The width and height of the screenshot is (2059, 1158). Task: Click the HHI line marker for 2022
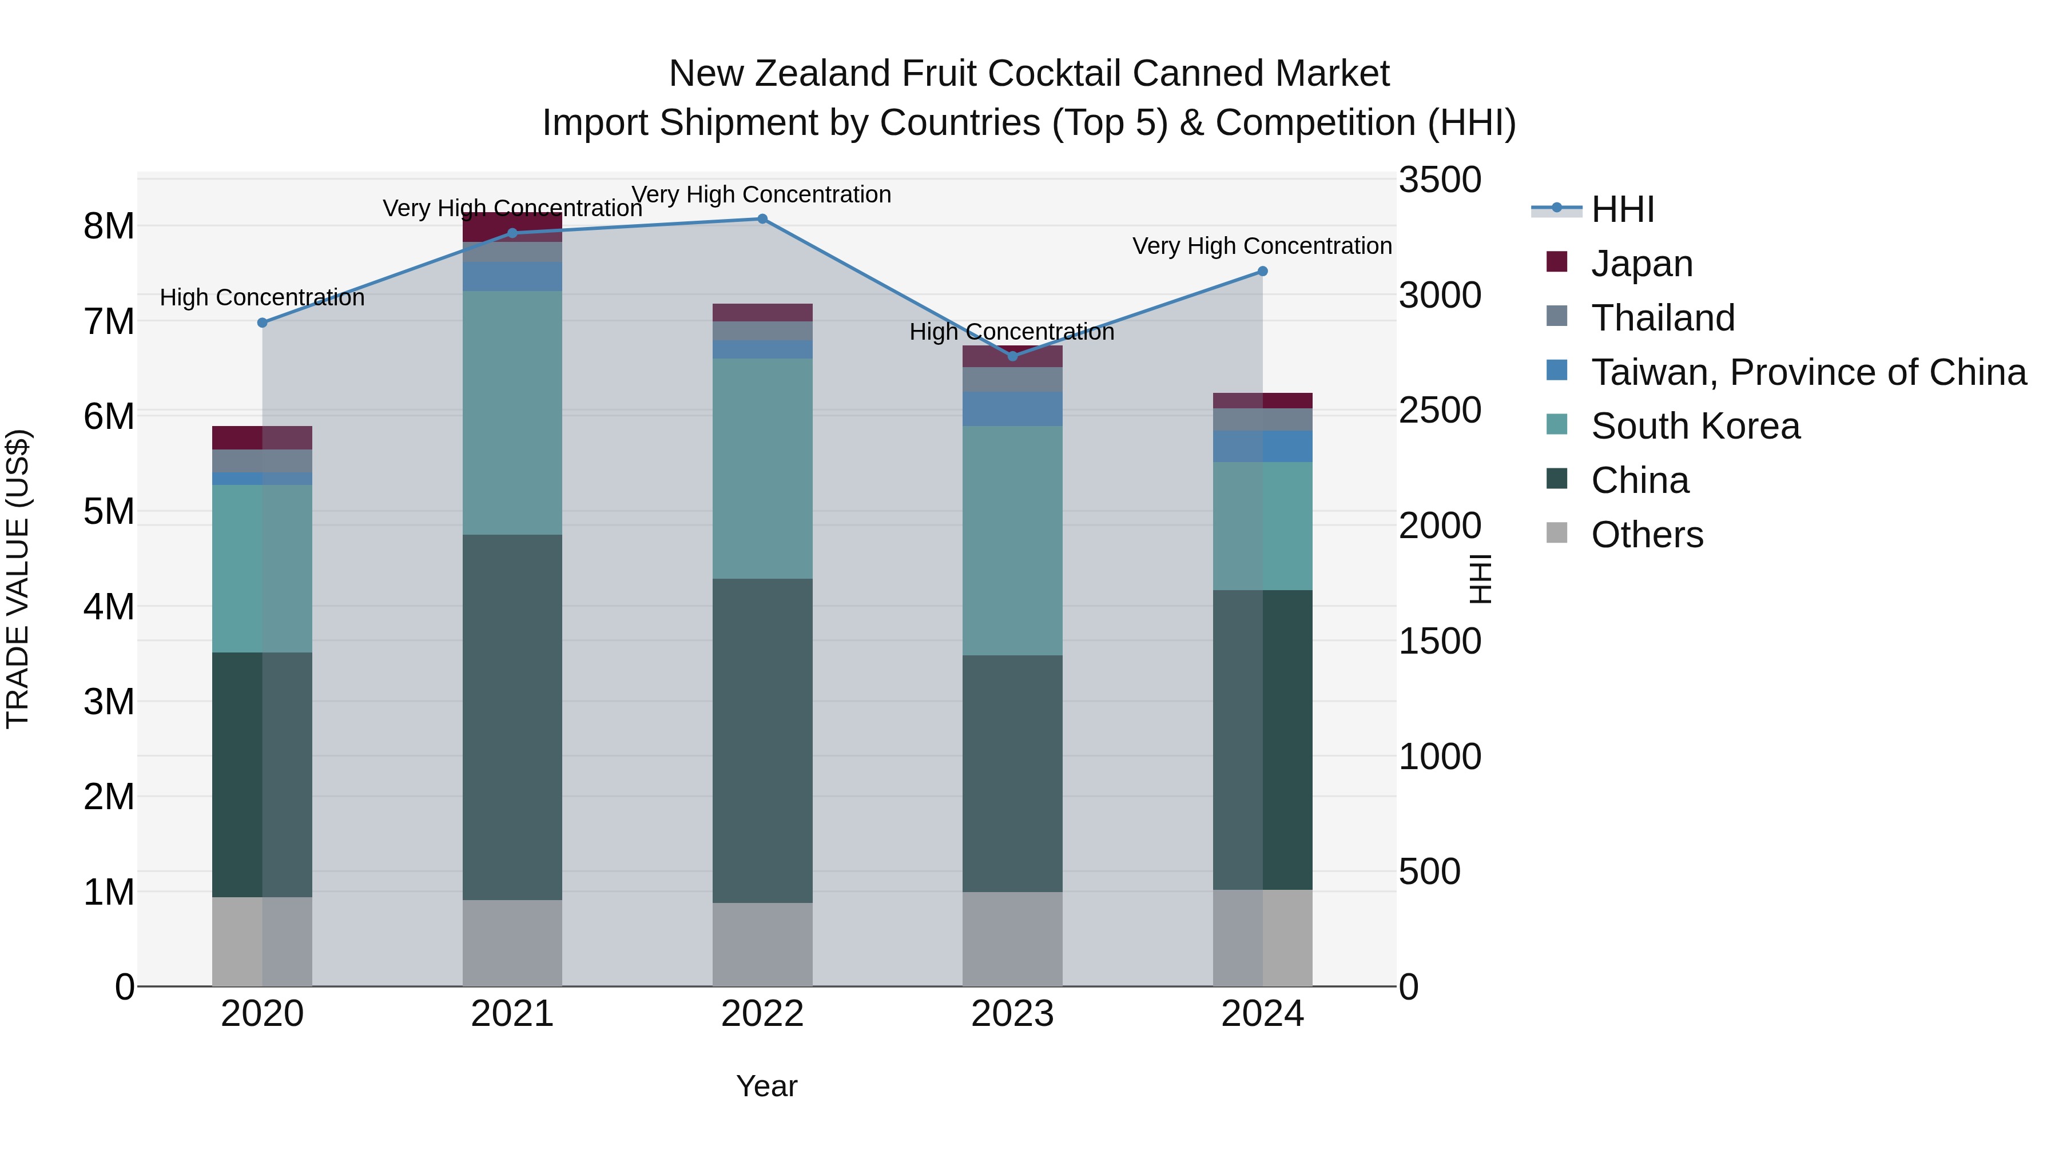[762, 219]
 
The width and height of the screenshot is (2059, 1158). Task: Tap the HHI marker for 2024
[1262, 272]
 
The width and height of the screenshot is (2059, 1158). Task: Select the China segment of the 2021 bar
[512, 717]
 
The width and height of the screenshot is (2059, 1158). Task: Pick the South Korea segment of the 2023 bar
[1012, 540]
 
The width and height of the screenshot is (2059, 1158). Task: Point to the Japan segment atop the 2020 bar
[262, 438]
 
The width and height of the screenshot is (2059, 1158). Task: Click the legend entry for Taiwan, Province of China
[1808, 372]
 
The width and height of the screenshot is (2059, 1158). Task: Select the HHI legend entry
[1622, 209]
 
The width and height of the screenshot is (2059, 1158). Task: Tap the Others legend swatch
[1556, 533]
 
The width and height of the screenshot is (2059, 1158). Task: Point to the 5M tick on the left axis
[109, 511]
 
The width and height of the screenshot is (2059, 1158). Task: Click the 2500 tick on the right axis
[1440, 411]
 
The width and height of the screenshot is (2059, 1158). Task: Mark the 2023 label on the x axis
[1012, 1014]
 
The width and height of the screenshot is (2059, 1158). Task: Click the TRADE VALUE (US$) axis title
[18, 579]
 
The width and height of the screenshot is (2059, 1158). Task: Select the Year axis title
[766, 1086]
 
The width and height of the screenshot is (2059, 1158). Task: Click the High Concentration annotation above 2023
[1011, 332]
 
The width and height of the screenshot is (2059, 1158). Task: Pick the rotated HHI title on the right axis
[1480, 579]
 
